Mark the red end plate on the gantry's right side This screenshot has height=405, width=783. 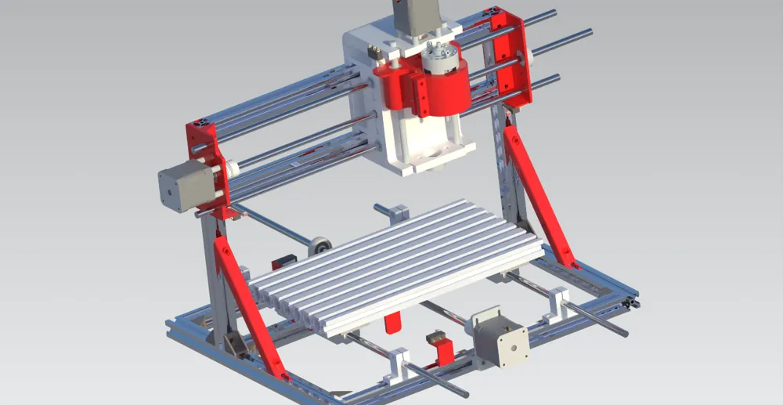[x=513, y=59]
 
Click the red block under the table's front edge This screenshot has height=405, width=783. [x=393, y=324]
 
